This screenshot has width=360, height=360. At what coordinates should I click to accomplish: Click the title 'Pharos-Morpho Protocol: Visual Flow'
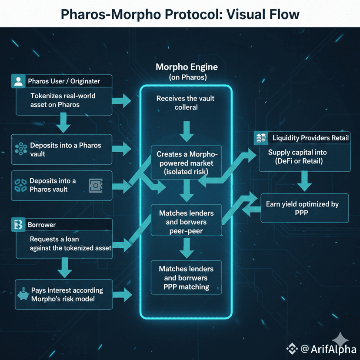tap(180, 14)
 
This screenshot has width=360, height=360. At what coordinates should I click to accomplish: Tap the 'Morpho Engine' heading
tap(187, 67)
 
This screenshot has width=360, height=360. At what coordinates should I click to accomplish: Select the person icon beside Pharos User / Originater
tap(18, 81)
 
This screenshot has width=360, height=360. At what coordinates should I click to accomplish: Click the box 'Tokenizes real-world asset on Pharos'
tap(63, 100)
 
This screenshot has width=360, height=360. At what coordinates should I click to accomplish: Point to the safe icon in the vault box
tap(95, 186)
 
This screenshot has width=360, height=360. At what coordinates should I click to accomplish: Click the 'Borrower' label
tap(41, 225)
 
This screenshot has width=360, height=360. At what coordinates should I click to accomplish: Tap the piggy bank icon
tap(23, 294)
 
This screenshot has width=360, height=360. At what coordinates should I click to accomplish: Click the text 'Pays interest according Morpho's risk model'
tap(67, 294)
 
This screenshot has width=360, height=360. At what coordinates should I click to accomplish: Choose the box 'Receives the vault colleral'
tap(186, 103)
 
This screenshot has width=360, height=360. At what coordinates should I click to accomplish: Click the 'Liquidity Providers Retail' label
tap(310, 138)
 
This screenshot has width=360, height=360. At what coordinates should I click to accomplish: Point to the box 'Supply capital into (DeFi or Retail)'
tap(303, 157)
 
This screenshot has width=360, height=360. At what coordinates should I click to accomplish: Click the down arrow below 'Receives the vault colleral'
tap(187, 131)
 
